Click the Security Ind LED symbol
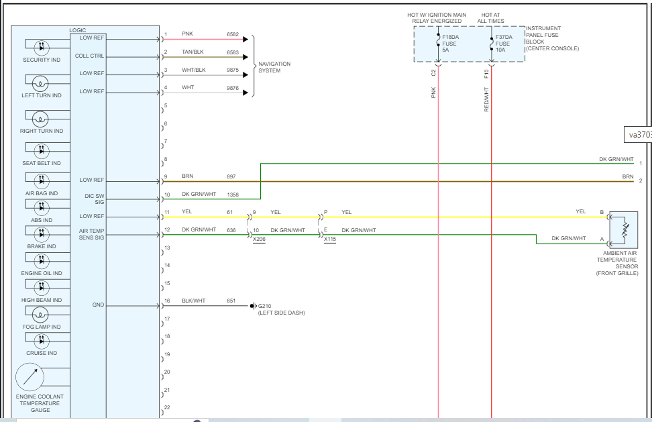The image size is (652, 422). click(42, 47)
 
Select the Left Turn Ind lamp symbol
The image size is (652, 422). click(42, 83)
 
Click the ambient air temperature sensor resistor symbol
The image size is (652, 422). click(624, 229)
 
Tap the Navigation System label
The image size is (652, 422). click(274, 67)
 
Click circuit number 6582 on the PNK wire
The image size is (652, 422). click(233, 34)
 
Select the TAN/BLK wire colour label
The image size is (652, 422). click(193, 52)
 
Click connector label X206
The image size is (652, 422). click(259, 240)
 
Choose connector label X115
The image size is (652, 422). click(330, 240)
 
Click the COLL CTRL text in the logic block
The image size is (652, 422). click(89, 56)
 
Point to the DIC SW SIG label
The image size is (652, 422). click(93, 198)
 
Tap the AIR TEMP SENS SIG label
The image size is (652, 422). click(92, 233)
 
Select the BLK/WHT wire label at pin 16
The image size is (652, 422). click(194, 301)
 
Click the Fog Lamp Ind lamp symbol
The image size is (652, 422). click(42, 313)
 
